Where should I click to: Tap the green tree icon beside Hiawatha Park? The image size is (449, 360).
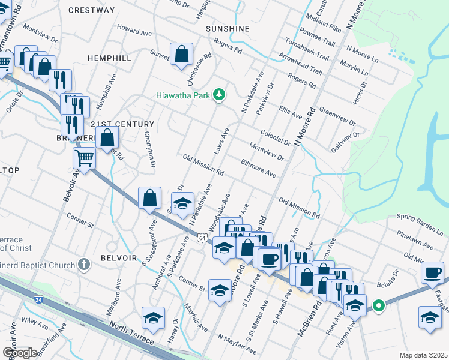point(220,94)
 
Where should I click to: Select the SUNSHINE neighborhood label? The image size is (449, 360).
point(228,28)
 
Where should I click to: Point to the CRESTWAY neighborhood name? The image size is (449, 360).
point(92,10)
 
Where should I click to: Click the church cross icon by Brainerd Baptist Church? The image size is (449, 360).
point(84,263)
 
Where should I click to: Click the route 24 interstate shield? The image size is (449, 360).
point(38,298)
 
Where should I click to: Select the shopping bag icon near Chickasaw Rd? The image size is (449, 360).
point(181,55)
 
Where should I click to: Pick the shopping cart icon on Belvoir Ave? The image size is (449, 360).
point(84,159)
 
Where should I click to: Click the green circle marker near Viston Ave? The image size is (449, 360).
point(379,306)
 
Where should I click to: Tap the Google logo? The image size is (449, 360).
point(20,353)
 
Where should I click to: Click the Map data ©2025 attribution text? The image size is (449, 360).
point(423,355)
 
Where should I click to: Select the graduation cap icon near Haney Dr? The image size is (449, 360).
point(153,318)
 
